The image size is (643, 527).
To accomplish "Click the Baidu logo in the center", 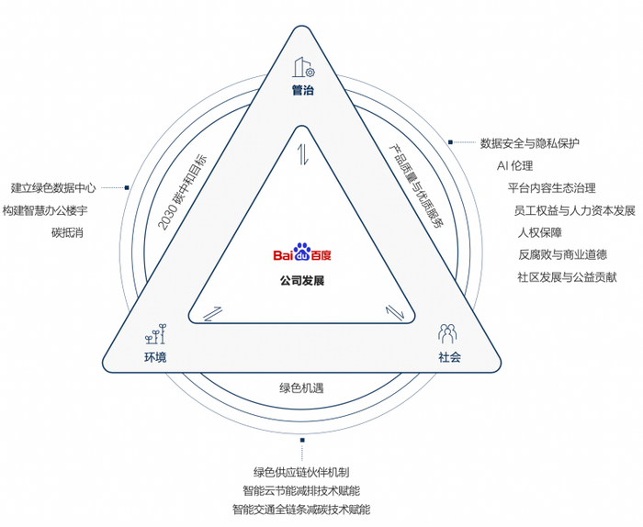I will click(x=301, y=254).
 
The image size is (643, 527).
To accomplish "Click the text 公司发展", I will click(x=301, y=281).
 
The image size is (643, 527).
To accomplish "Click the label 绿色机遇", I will click(x=301, y=387).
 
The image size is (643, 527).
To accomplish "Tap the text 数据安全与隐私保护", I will click(x=529, y=143).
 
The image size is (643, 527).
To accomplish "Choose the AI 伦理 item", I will click(x=514, y=166).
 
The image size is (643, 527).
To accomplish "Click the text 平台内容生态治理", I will click(x=551, y=188).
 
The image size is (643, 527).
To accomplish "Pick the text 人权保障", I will click(x=540, y=232).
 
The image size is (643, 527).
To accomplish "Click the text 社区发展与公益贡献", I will click(x=567, y=276).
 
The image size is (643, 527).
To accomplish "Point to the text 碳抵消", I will click(x=68, y=232).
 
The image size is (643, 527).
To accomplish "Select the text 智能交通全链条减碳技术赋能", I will click(x=301, y=509).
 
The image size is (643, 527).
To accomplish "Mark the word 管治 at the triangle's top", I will click(x=302, y=91).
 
